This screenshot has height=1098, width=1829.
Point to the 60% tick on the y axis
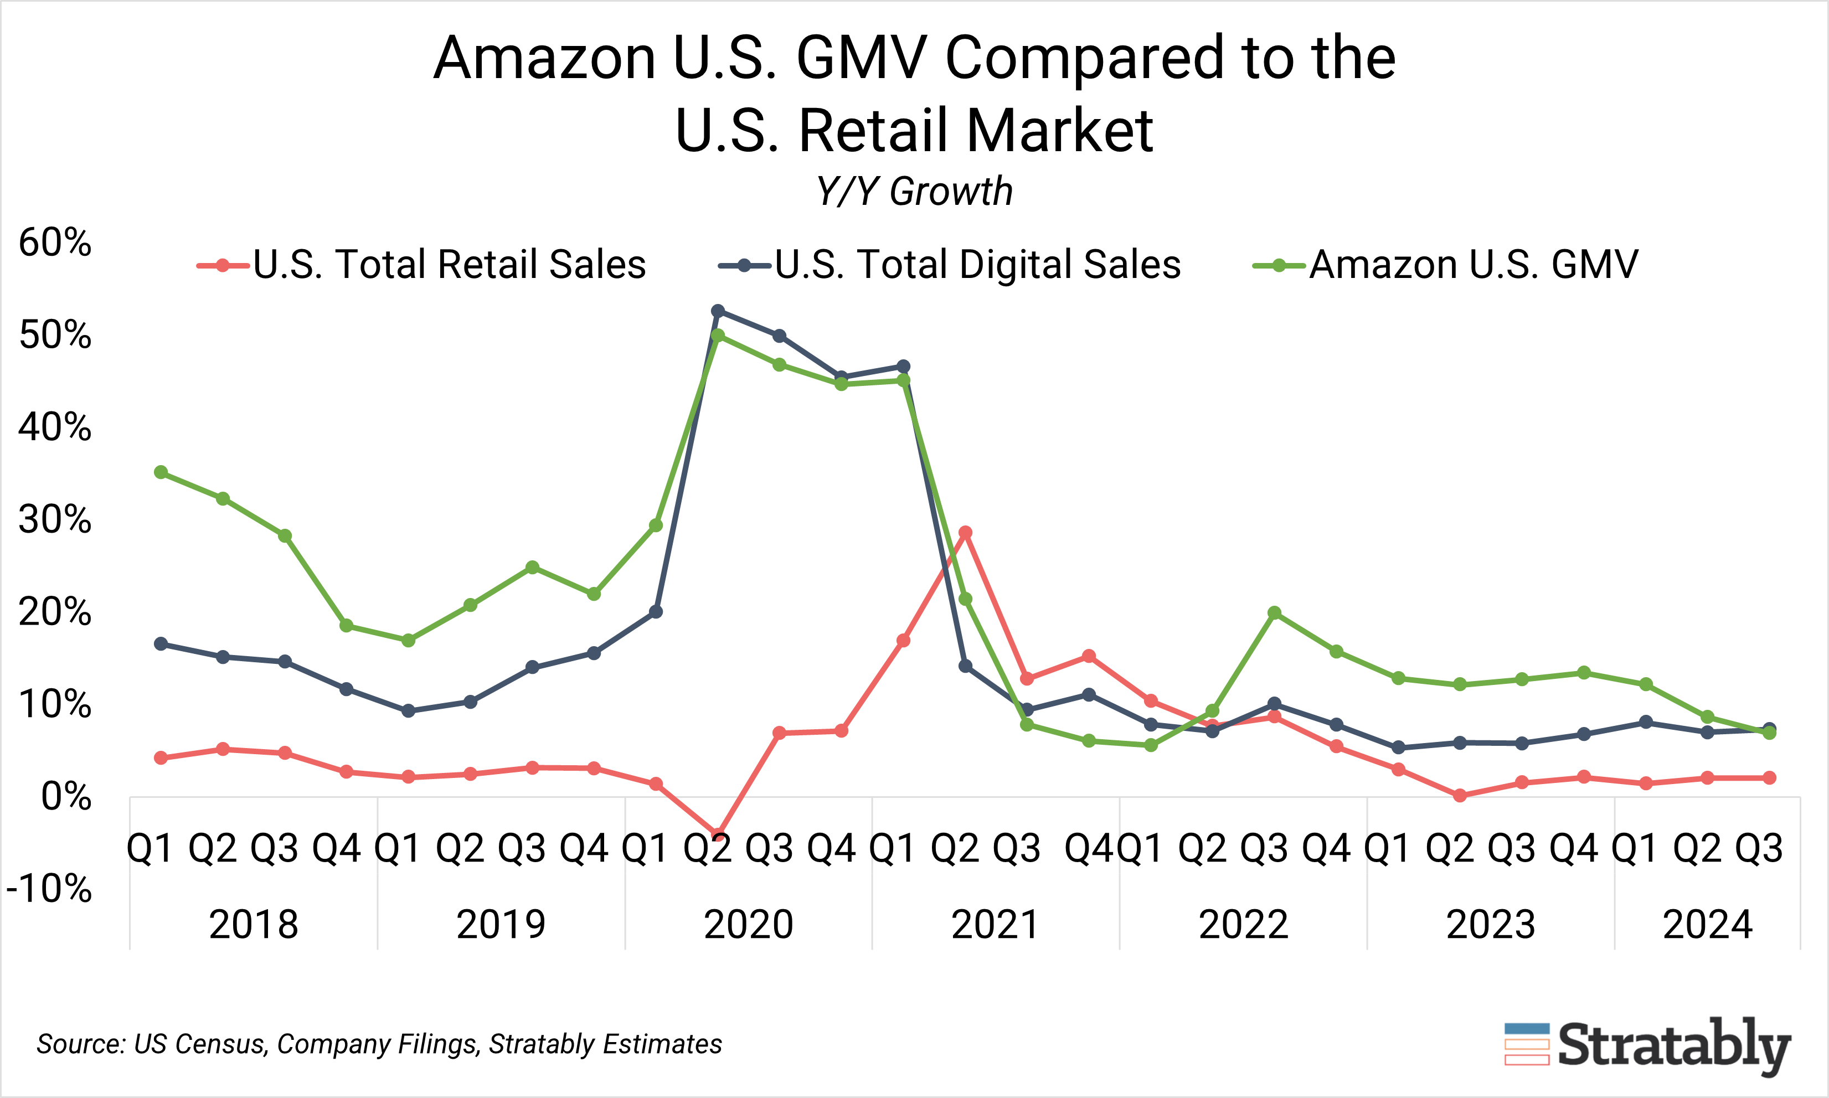55,242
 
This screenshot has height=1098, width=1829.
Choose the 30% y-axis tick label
55,519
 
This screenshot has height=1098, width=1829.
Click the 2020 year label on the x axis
748,924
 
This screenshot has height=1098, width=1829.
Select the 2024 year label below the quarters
1707,924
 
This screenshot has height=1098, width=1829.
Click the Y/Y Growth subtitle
915,192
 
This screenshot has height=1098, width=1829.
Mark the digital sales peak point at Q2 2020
717,311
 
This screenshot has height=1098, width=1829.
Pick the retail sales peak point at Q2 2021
965,533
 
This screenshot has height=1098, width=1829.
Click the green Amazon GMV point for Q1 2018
161,472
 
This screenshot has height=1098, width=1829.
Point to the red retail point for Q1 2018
161,757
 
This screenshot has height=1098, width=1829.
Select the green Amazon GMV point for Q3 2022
1274,612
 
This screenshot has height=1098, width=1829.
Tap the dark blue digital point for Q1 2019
408,710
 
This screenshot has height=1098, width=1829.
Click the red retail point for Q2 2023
1460,795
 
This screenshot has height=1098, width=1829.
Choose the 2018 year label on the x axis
253,924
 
